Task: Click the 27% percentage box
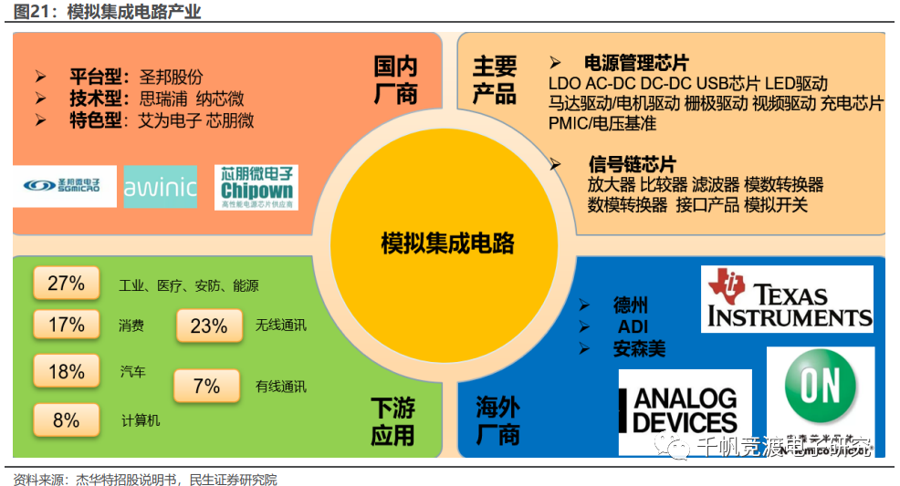click(x=66, y=284)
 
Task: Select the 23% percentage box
click(x=209, y=326)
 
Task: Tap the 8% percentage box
click(x=66, y=419)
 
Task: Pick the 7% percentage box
click(x=206, y=386)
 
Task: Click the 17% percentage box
click(x=66, y=325)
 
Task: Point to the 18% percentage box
click(x=66, y=371)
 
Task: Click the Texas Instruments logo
click(x=787, y=298)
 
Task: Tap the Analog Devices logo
click(x=685, y=410)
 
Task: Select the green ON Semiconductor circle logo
click(x=820, y=388)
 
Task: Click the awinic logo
click(x=160, y=188)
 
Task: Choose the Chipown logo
click(x=256, y=187)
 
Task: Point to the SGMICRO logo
click(x=64, y=186)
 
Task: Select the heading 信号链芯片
click(x=633, y=165)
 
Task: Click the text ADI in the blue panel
click(x=633, y=327)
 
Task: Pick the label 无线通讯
click(x=280, y=326)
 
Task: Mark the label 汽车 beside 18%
click(x=133, y=372)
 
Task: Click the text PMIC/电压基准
click(x=602, y=123)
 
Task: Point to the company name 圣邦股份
click(x=171, y=78)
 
